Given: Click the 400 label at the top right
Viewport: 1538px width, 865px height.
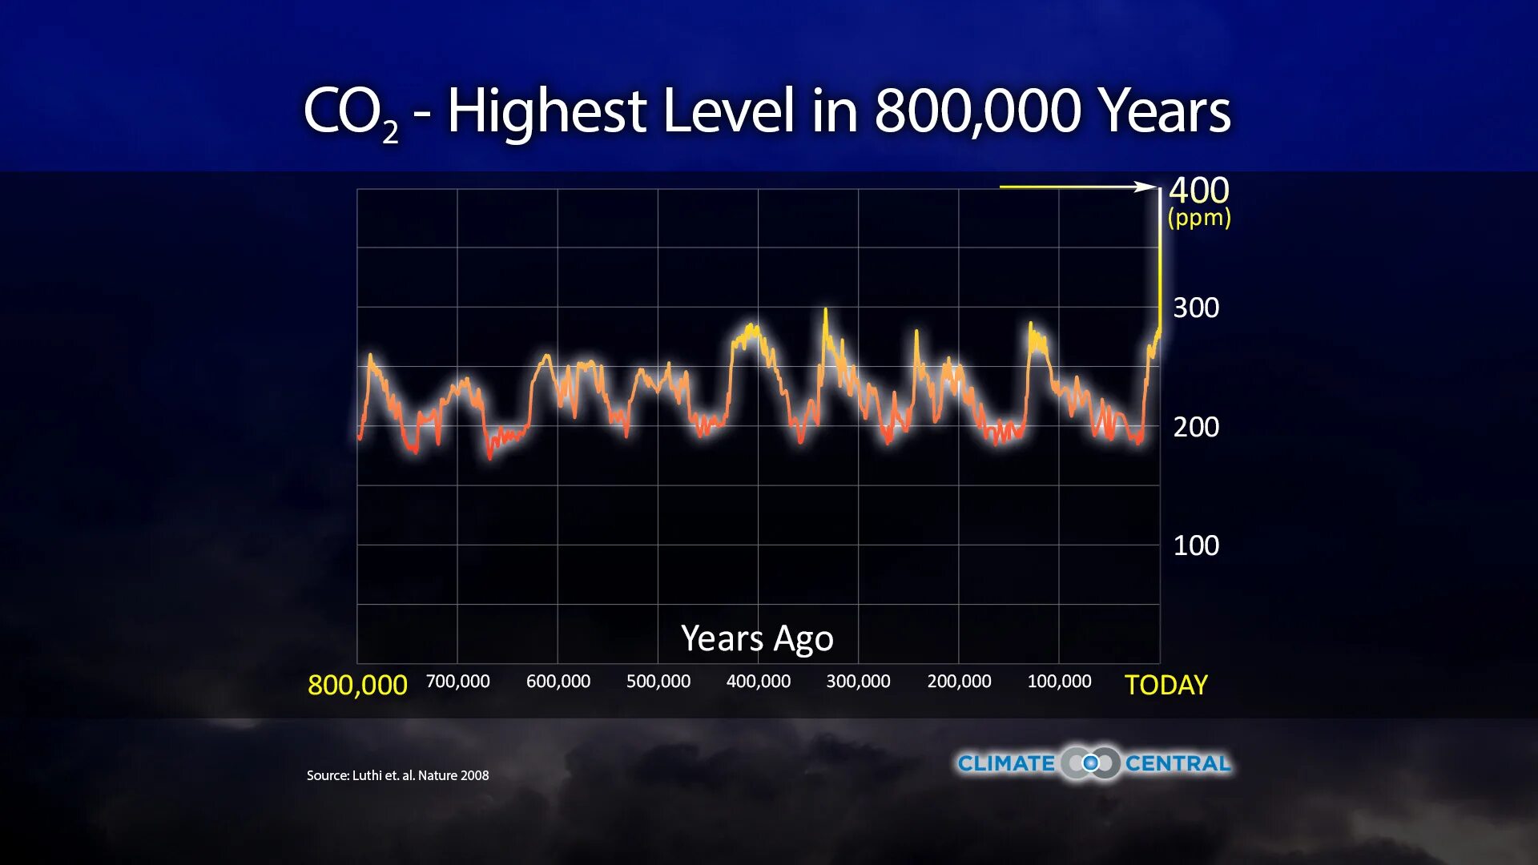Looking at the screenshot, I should click(x=1198, y=191).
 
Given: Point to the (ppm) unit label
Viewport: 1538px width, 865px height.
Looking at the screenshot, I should click(x=1198, y=218).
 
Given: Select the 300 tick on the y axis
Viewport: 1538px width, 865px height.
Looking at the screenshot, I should click(x=1195, y=308).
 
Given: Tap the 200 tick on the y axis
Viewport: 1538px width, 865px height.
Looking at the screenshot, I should click(x=1195, y=427).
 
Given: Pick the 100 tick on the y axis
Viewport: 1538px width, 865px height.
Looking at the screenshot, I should click(x=1195, y=545).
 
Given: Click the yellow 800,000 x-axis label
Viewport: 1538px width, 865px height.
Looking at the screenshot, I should click(x=357, y=685).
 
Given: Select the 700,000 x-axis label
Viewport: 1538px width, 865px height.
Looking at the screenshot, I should click(x=457, y=682).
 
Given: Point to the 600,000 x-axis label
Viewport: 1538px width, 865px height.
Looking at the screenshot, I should click(x=558, y=682).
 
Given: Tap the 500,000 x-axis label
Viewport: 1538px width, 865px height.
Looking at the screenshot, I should click(x=658, y=682).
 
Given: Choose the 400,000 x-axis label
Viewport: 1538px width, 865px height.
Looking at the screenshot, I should click(x=758, y=682).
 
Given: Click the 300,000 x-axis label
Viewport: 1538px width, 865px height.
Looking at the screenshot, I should click(x=858, y=682).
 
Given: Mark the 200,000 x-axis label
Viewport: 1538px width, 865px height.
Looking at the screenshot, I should click(x=959, y=682).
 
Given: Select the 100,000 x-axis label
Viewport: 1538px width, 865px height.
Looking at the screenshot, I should click(x=1059, y=682).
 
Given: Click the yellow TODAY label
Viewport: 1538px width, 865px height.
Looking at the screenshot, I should click(x=1166, y=686).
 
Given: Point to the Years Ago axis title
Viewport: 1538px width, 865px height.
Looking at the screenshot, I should click(x=757, y=638).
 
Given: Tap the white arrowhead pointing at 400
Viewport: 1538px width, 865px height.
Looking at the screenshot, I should click(x=1146, y=187).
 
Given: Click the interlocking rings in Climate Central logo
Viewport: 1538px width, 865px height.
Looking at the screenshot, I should click(x=1090, y=763).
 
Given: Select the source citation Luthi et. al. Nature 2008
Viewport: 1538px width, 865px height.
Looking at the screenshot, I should click(x=397, y=775).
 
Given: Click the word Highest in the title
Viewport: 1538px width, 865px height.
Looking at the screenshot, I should click(x=546, y=111).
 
